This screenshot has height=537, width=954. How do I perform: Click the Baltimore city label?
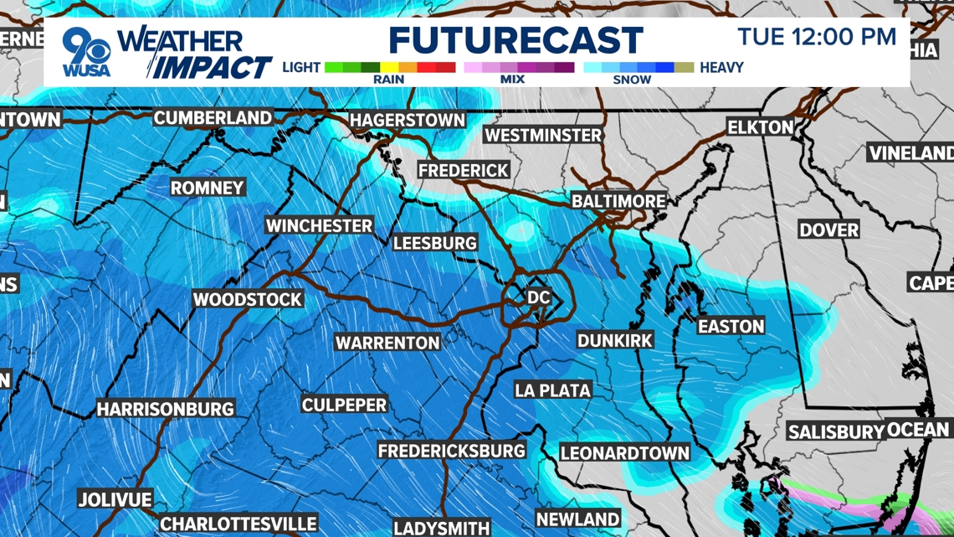point(618,202)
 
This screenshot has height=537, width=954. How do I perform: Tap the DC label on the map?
point(538,297)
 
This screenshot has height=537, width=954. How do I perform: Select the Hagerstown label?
point(407,121)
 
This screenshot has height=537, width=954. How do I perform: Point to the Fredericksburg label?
point(451,452)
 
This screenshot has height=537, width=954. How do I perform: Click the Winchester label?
point(319,226)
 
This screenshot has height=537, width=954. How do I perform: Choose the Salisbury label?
point(836,432)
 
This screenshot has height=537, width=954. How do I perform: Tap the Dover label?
point(828,230)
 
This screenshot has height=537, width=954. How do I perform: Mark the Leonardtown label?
point(625,453)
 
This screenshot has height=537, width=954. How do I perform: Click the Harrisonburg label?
point(166,410)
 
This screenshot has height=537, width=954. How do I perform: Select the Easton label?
point(731,327)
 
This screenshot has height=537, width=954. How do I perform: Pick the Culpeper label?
point(344,405)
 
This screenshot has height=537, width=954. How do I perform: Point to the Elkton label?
point(760,127)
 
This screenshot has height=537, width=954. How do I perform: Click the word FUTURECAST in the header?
point(515,40)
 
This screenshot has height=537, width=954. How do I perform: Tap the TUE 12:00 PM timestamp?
point(817,37)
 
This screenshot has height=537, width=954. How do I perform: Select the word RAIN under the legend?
point(388,80)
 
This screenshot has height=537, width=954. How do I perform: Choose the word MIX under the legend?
point(512,80)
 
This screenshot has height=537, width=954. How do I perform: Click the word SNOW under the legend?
point(632,80)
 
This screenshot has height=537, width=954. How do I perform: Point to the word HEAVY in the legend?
point(721,67)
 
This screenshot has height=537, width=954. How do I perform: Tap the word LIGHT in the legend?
point(301,67)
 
